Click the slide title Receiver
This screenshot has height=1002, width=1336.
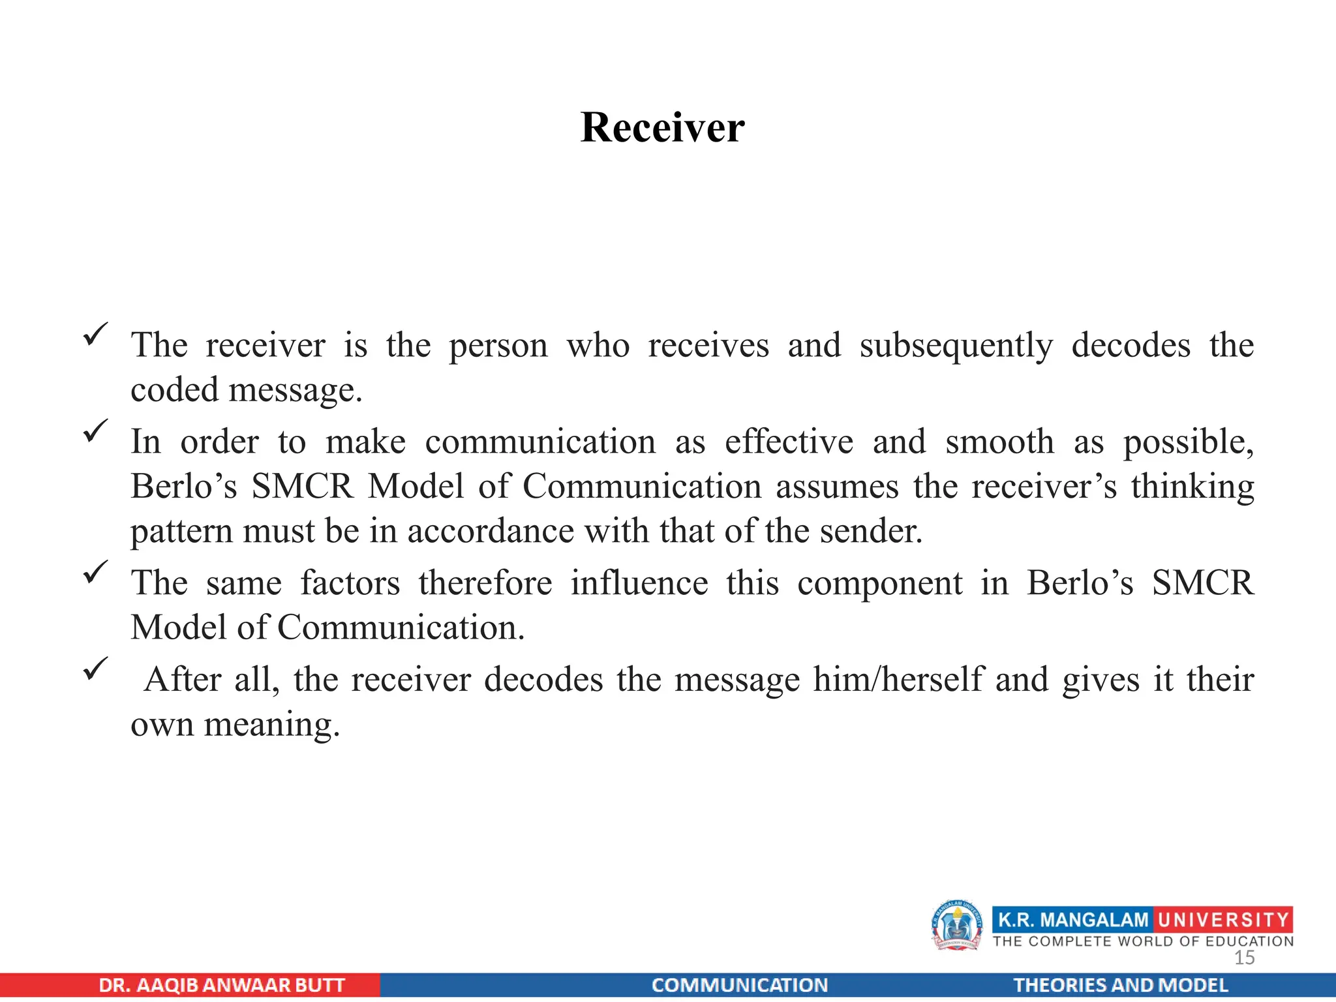click(x=662, y=127)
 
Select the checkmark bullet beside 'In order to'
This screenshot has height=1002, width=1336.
click(x=96, y=431)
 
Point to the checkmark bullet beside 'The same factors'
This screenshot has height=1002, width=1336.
click(x=96, y=572)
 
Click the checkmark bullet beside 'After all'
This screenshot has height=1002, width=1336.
click(x=96, y=669)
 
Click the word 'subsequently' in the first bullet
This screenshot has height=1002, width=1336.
click(x=956, y=346)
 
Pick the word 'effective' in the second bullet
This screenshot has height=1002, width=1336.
click(x=789, y=442)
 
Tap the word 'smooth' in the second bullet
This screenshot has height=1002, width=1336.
click(x=999, y=442)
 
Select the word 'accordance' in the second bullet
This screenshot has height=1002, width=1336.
click(x=491, y=531)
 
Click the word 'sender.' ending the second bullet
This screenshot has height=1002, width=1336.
click(x=871, y=531)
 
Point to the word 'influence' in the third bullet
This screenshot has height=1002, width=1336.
click(x=639, y=583)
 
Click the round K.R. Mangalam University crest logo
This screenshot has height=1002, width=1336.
click(x=957, y=925)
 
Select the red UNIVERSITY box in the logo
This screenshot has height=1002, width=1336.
click(x=1223, y=920)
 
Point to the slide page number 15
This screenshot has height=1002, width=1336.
click(x=1244, y=958)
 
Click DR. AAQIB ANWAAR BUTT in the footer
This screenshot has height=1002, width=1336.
click(x=222, y=985)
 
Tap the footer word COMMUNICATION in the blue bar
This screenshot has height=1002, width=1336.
click(x=740, y=985)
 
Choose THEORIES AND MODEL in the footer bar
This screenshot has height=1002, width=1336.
click(x=1120, y=985)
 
